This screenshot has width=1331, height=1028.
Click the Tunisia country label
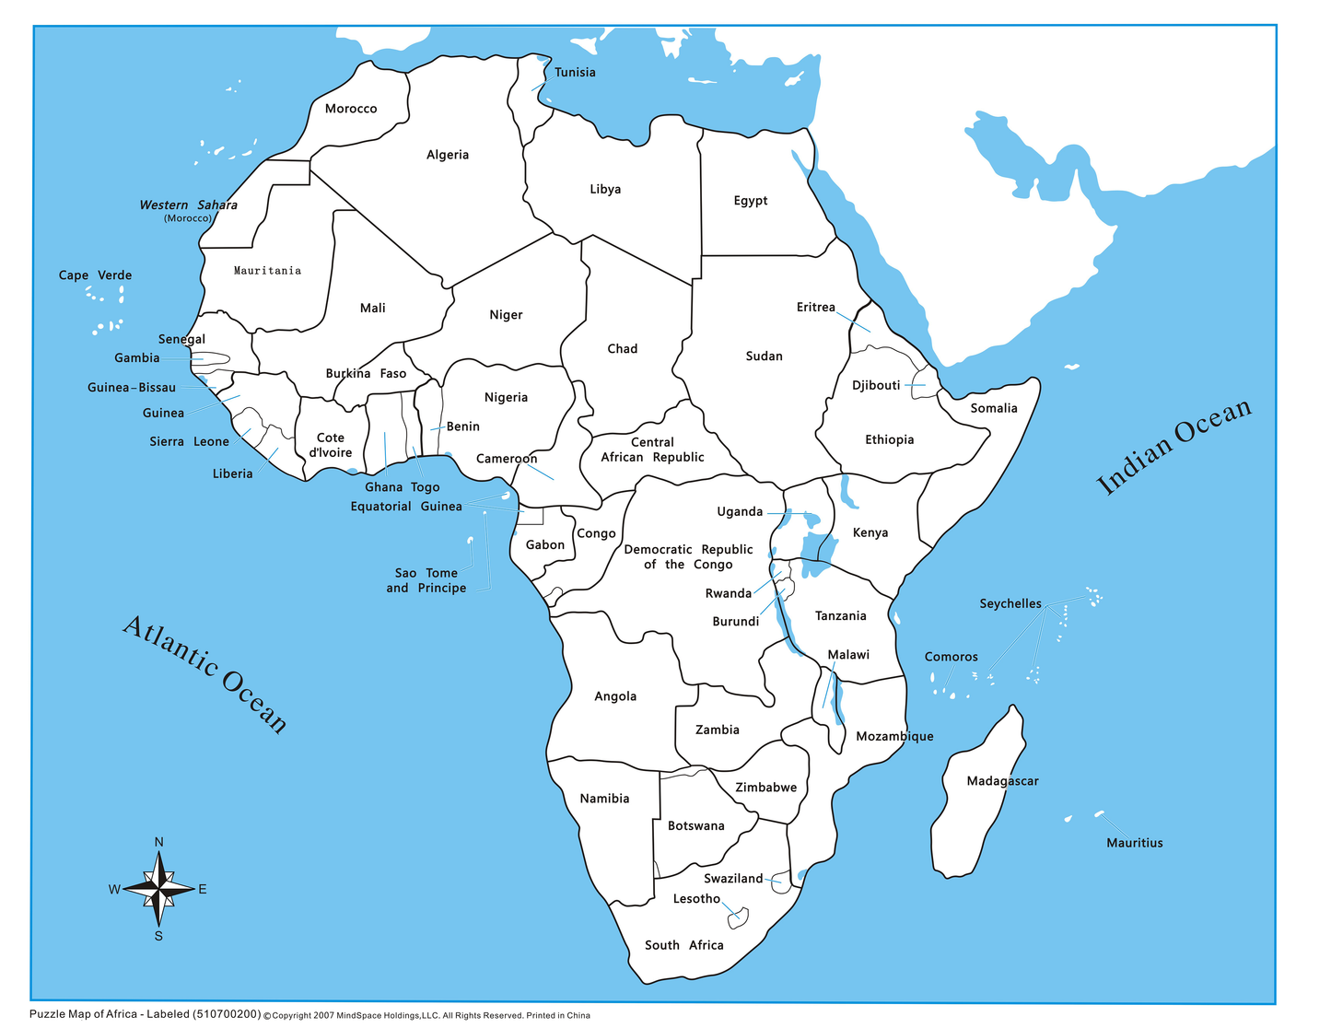pyautogui.click(x=575, y=73)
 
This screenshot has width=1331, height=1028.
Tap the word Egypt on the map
pyautogui.click(x=750, y=201)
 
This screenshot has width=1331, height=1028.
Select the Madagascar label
pyautogui.click(x=1002, y=781)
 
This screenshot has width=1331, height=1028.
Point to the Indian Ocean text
pyautogui.click(x=1173, y=447)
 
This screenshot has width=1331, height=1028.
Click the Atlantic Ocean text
pyautogui.click(x=205, y=674)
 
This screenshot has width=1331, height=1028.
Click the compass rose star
pyautogui.click(x=159, y=889)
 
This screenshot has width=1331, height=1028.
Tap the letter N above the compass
pyautogui.click(x=159, y=842)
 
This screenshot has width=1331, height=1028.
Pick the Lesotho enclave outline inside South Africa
pyautogui.click(x=739, y=917)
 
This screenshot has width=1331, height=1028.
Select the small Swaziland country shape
pyautogui.click(x=781, y=882)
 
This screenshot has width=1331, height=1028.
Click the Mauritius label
pyautogui.click(x=1134, y=843)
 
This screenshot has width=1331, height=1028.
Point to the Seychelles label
pyautogui.click(x=1010, y=604)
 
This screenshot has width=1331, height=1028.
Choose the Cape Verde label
pyautogui.click(x=95, y=275)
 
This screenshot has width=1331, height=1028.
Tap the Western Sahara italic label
pyautogui.click(x=188, y=205)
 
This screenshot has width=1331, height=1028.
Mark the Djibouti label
pyautogui.click(x=876, y=385)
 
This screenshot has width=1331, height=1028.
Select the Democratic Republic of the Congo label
pyautogui.click(x=688, y=557)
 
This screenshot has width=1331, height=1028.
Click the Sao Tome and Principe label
pyautogui.click(x=426, y=580)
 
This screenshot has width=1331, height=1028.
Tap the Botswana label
pyautogui.click(x=695, y=826)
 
